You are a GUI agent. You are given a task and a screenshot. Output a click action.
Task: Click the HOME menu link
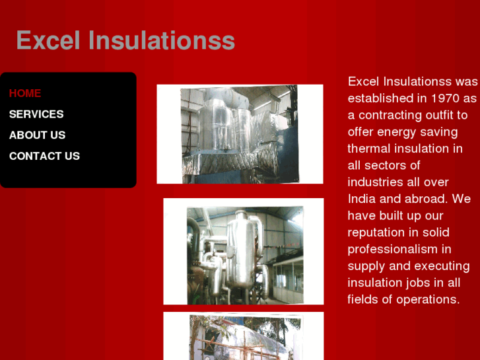coord(25,93)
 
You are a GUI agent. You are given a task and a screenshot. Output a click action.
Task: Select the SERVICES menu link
coord(36,114)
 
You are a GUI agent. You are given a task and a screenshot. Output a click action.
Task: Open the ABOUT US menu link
coord(37,135)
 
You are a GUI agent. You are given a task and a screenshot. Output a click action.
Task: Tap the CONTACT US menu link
coord(44,156)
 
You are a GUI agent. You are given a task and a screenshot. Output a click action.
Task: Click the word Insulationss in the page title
coord(162,40)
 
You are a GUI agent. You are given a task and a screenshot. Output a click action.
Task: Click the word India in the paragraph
coord(362,199)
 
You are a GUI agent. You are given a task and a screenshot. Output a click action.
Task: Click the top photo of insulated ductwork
coord(239,133)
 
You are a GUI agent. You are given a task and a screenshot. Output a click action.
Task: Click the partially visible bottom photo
coord(243,337)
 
